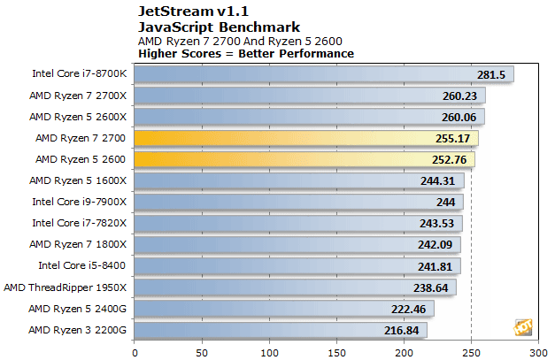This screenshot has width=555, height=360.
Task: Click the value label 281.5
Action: (490, 75)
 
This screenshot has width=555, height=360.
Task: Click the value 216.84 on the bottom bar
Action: (405, 330)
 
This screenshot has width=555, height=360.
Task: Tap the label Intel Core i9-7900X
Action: (80, 202)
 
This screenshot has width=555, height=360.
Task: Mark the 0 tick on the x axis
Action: (135, 351)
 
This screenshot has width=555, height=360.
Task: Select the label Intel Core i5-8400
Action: (82, 265)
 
